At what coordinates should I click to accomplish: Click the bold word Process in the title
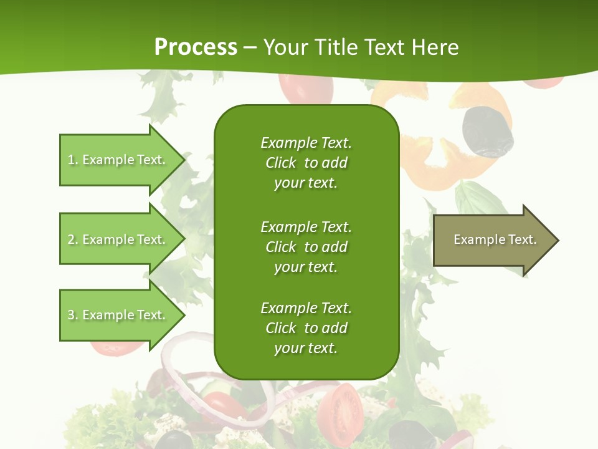(x=196, y=47)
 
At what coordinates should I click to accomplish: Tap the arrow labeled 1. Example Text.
(x=118, y=160)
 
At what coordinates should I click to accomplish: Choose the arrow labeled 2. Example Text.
(x=118, y=239)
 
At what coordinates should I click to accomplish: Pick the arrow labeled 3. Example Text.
(x=118, y=315)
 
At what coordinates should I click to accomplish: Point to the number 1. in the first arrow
(x=73, y=160)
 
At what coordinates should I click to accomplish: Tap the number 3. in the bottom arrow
(x=73, y=315)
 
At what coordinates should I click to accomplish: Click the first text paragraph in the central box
(x=306, y=163)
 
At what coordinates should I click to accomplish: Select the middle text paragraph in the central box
(x=306, y=247)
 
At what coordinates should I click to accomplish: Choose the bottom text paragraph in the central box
(x=306, y=328)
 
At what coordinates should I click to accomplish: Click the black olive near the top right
(x=487, y=132)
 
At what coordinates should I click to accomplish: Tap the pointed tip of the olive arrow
(x=557, y=240)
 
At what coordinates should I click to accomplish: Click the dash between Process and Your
(x=250, y=48)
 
